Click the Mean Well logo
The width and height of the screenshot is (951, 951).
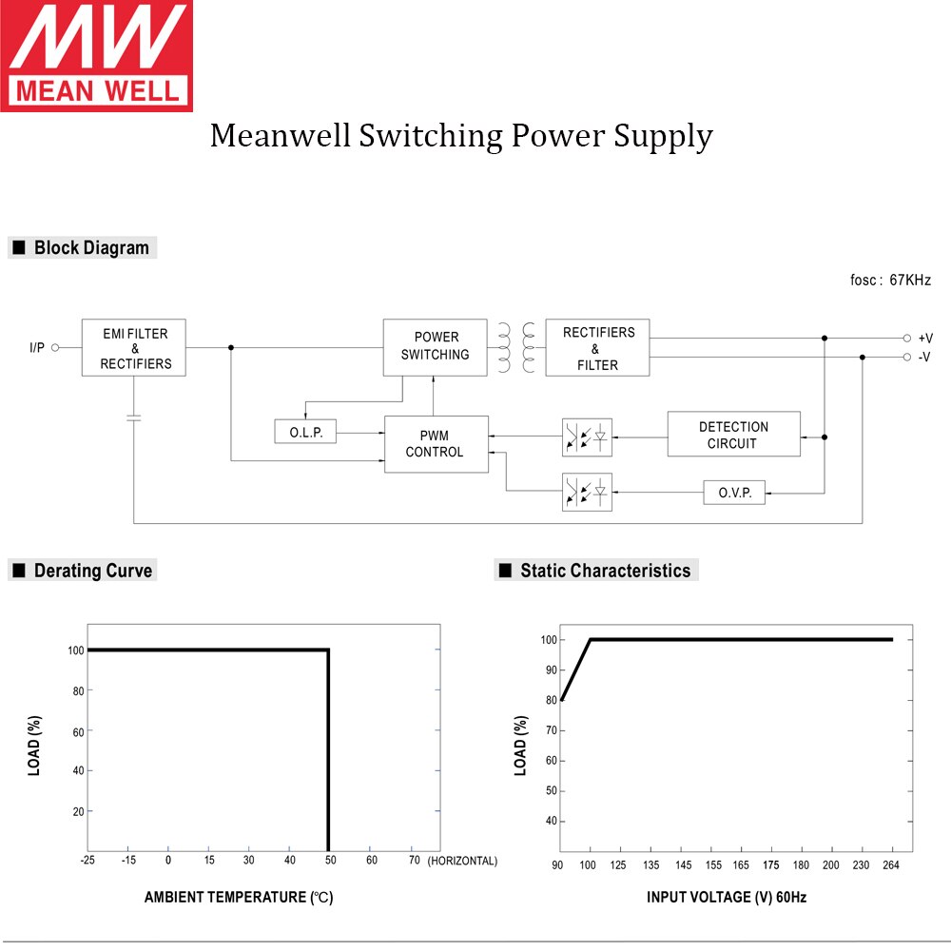(96, 55)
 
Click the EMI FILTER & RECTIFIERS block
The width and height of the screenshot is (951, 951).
(134, 348)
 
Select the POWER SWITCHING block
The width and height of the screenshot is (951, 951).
(435, 346)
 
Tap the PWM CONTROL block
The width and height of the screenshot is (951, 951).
(436, 444)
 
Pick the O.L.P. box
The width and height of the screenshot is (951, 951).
(305, 433)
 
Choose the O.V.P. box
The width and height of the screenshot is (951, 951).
(734, 493)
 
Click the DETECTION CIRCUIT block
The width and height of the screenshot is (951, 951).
(733, 435)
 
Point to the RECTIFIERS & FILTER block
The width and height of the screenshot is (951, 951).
(597, 348)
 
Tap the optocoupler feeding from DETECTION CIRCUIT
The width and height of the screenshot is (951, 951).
(587, 437)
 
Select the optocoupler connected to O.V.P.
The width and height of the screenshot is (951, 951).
(587, 492)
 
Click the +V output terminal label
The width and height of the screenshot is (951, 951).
(924, 339)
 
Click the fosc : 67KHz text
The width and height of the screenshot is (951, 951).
(890, 281)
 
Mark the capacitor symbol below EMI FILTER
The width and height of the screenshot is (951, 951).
(134, 417)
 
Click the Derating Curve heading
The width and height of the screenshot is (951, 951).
(92, 571)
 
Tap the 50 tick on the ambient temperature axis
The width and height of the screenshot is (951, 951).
(330, 861)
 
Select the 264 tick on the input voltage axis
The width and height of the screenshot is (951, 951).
(892, 864)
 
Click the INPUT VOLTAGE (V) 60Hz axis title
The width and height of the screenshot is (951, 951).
(727, 897)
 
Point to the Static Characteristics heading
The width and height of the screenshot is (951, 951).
(605, 571)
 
